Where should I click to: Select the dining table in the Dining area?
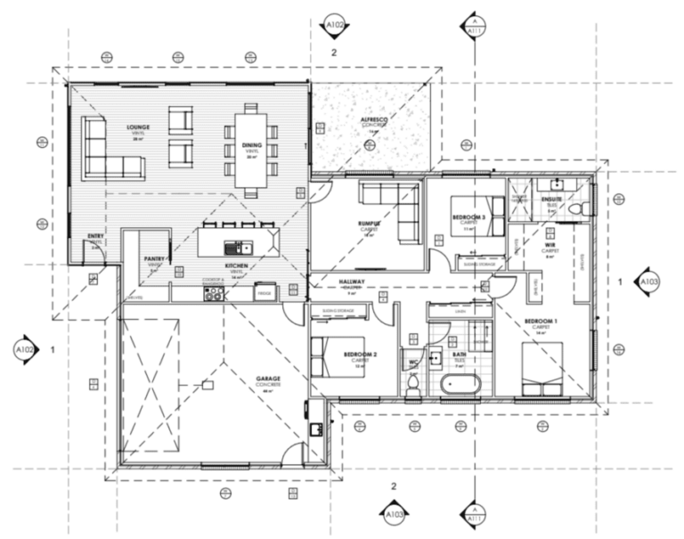pyautogui.click(x=251, y=147)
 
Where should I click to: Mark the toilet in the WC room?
pyautogui.click(x=413, y=381)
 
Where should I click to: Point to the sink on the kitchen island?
pyautogui.click(x=237, y=248)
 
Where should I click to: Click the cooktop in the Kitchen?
pyautogui.click(x=214, y=291)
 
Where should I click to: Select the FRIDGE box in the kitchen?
pyautogui.click(x=265, y=291)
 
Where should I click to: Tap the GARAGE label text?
pyautogui.click(x=268, y=379)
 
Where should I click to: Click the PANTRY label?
pyautogui.click(x=155, y=259)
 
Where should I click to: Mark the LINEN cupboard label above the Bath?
pyautogui.click(x=460, y=311)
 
